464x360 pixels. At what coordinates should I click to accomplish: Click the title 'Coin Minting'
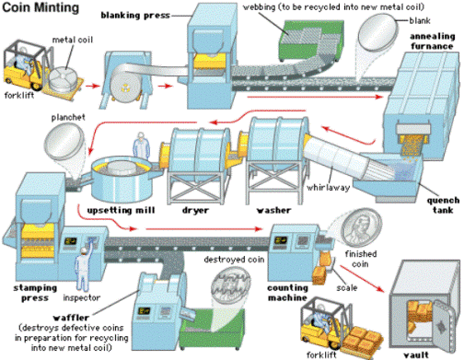click(x=41, y=7)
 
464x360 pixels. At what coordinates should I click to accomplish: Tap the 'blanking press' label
click(x=135, y=16)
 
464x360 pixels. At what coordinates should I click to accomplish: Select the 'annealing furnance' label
click(x=432, y=41)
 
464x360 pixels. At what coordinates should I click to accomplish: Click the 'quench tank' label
click(x=443, y=205)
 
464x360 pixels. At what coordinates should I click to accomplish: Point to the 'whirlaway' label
click(x=328, y=187)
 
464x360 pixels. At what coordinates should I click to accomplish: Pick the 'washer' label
click(x=273, y=210)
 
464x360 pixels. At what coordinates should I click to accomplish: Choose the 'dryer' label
click(x=195, y=210)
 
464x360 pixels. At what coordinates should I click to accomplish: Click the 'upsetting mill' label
click(x=121, y=210)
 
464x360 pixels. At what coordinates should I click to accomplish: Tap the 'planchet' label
click(x=68, y=117)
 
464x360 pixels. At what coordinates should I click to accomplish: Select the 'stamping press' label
click(x=35, y=293)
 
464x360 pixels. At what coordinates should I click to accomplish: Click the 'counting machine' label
click(x=287, y=293)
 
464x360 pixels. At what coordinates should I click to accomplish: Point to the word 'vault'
click(x=416, y=354)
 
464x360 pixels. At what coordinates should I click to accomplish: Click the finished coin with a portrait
click(x=361, y=227)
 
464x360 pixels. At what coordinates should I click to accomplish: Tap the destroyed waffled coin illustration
click(x=230, y=285)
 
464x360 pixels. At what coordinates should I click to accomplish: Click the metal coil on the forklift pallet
click(x=64, y=79)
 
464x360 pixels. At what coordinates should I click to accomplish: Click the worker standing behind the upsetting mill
click(x=141, y=145)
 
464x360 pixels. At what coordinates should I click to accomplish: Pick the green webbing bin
click(x=310, y=40)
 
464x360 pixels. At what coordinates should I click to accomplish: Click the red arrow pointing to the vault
click(x=362, y=279)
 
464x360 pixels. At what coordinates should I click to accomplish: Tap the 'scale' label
click(x=347, y=288)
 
